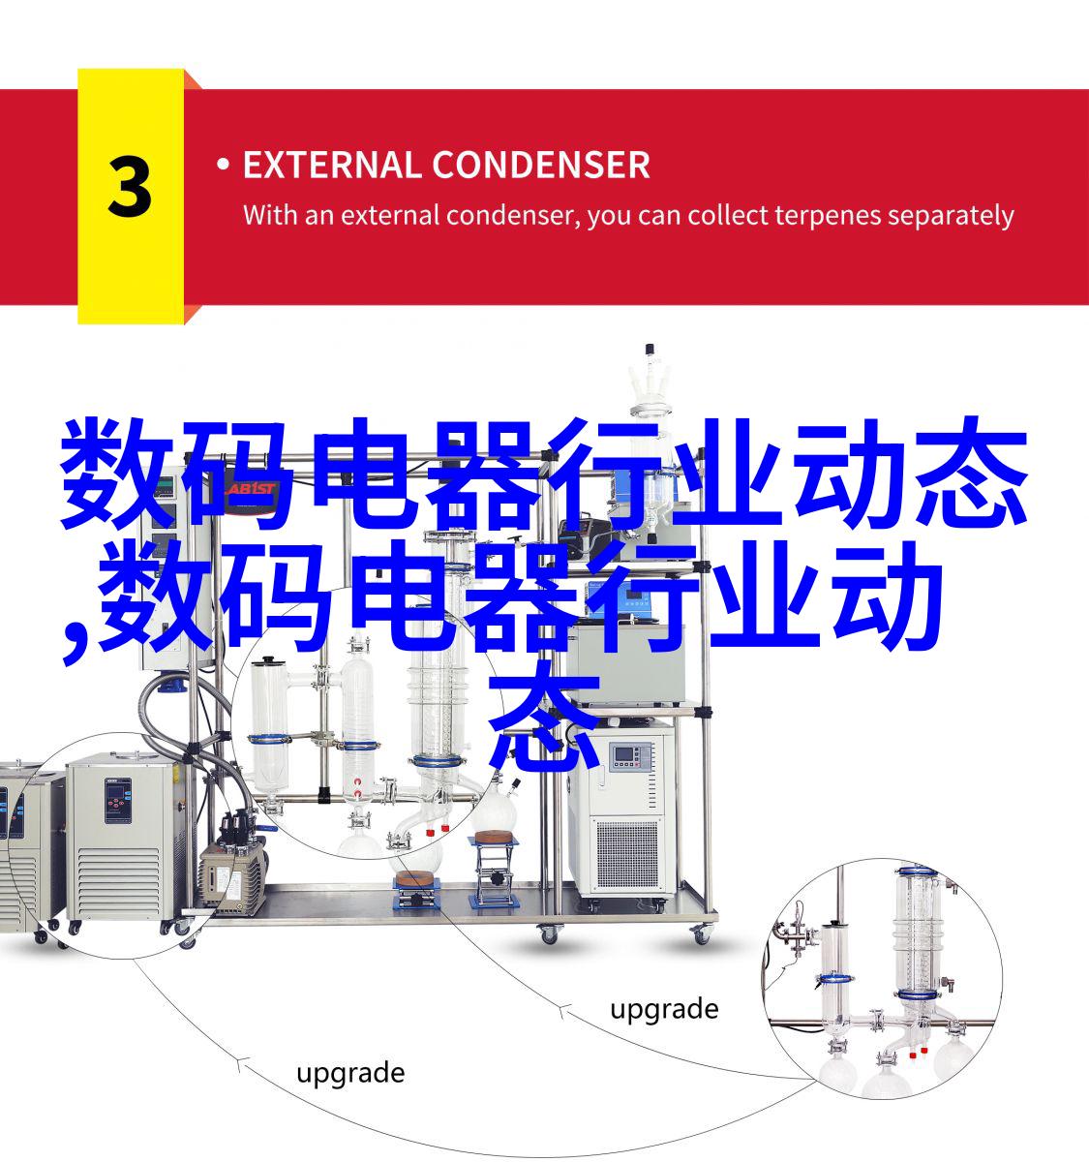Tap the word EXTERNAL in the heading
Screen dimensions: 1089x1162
(331, 165)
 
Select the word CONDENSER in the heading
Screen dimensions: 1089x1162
(541, 165)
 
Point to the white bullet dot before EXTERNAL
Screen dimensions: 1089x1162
(223, 165)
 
